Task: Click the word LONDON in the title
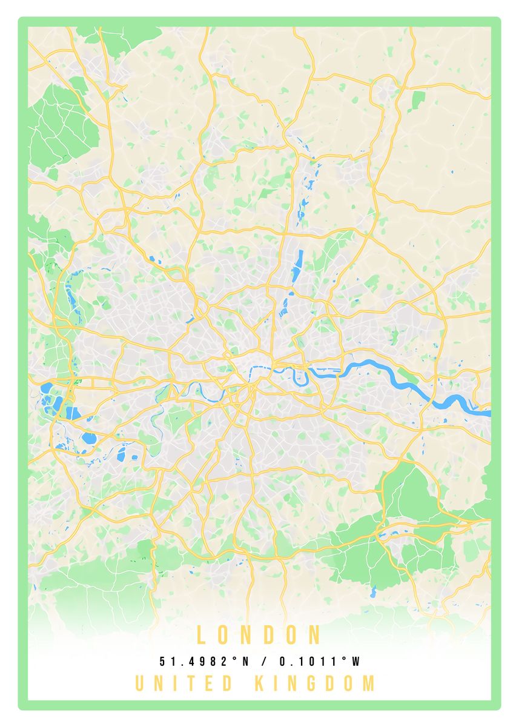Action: tap(259, 635)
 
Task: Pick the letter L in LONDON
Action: tap(202, 635)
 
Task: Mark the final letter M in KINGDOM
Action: tap(368, 683)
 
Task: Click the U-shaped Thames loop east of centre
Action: tap(300, 379)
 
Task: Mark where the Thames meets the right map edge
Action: tap(488, 413)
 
